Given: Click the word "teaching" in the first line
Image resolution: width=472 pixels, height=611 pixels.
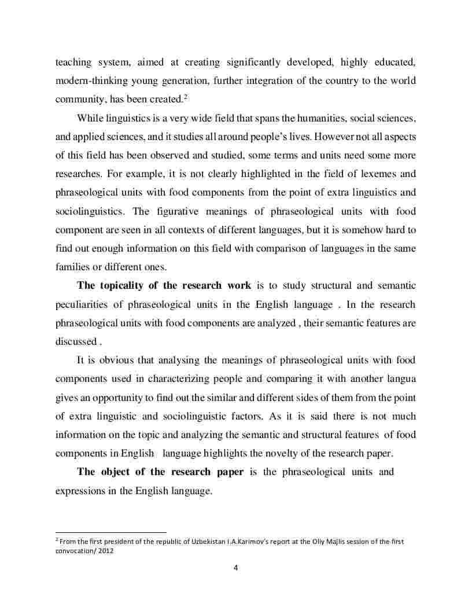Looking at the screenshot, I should point(73,61).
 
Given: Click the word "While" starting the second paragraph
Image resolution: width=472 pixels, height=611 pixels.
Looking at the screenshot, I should point(89,118).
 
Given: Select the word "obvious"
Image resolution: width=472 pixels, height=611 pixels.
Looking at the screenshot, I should point(119,360).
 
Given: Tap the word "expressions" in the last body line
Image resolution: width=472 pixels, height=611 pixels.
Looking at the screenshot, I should point(79,491).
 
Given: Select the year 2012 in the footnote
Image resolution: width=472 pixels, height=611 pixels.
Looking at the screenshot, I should point(106,551).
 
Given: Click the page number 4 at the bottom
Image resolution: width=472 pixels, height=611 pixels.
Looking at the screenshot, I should point(235,567).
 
